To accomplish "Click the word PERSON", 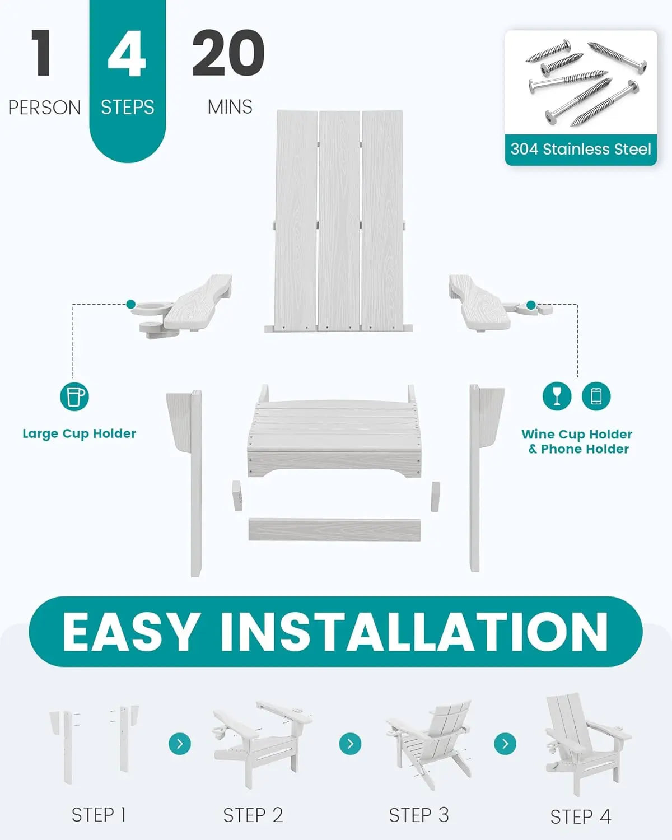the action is (x=44, y=108).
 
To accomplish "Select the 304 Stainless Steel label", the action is (x=581, y=149).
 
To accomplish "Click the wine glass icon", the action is (x=557, y=396).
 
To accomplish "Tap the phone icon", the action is (x=596, y=396).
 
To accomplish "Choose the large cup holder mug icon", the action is (x=74, y=396).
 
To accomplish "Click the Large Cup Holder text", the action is (x=80, y=433).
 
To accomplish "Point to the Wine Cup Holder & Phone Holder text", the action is (x=577, y=441).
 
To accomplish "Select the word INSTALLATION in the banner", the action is (x=414, y=631).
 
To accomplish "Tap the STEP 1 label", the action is (x=99, y=814).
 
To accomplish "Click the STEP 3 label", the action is (x=419, y=815).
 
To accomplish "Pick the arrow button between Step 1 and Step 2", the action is (x=180, y=744).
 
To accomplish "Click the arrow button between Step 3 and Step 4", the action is (x=505, y=744).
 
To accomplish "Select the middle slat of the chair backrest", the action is (x=339, y=221).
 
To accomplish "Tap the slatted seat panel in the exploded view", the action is (x=335, y=431).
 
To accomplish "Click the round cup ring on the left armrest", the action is (x=150, y=308).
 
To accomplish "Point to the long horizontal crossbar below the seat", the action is (x=335, y=529).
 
